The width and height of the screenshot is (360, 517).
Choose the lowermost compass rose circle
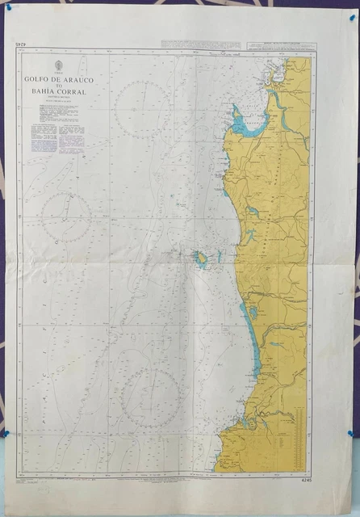click(x=150, y=397)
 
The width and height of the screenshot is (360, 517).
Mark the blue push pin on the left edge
click(x=4, y=434)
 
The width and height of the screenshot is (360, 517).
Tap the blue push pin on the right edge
click(x=352, y=434)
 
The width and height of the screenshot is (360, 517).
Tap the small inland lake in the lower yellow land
click(x=277, y=344)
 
